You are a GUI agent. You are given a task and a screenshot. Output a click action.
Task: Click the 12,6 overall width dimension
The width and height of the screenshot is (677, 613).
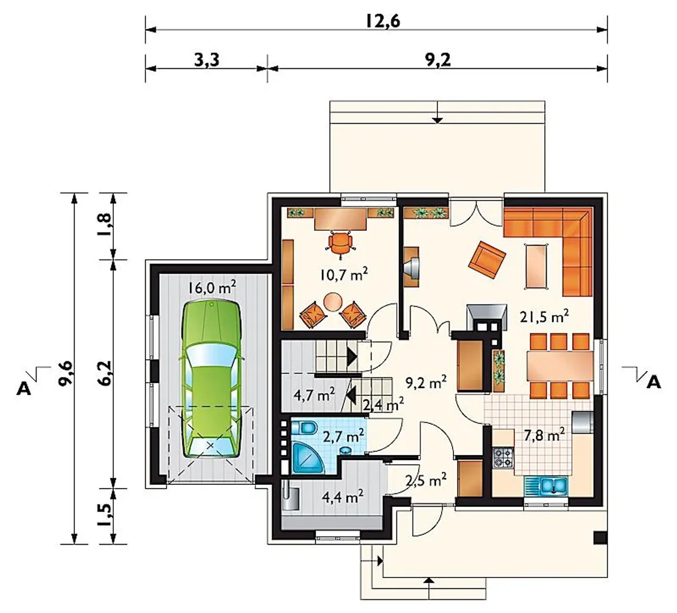click(383, 21)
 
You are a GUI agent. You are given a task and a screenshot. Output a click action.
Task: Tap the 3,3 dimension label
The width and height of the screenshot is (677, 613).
click(207, 60)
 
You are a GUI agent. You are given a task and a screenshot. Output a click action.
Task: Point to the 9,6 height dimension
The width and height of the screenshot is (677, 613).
click(66, 373)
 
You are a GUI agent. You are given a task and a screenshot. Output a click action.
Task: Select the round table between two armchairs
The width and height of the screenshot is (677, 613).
click(333, 302)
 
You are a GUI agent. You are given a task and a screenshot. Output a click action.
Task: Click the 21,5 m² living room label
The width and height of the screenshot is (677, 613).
click(544, 317)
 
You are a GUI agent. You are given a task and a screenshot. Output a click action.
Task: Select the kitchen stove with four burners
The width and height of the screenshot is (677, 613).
click(503, 458)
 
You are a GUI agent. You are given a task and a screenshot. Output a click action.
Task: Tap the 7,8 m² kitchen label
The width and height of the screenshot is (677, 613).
click(544, 436)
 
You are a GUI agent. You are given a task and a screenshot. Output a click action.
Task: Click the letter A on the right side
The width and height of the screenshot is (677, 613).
click(654, 383)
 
